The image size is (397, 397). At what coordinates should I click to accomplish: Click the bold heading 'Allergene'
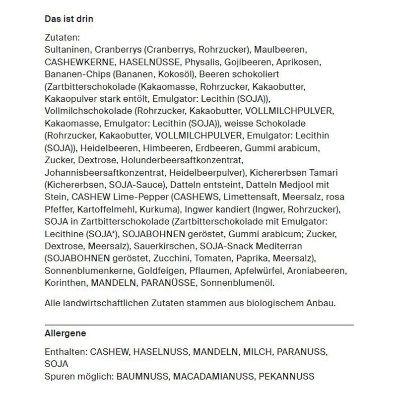[x=65, y=333]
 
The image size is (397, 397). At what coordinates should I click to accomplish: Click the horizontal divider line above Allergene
[x=198, y=324]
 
